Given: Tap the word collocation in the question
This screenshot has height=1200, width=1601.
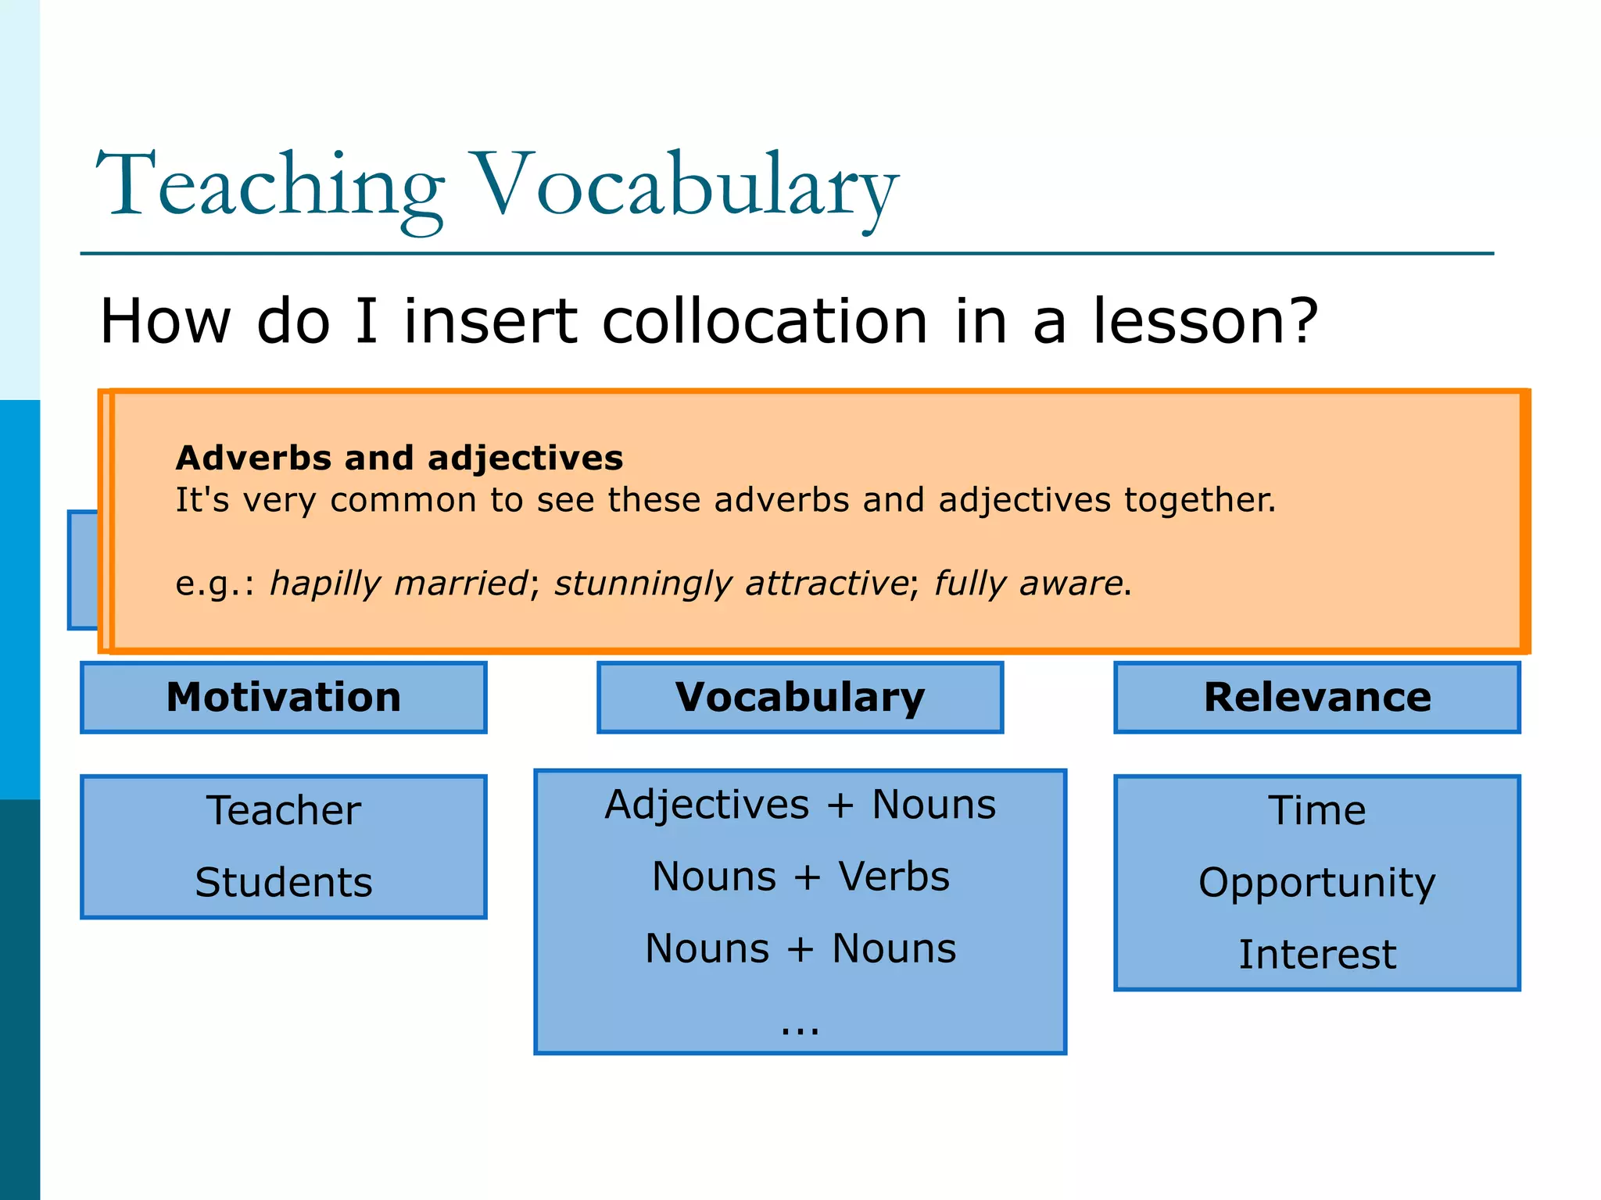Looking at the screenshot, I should [765, 321].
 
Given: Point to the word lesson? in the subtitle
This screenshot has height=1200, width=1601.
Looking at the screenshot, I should [1205, 321].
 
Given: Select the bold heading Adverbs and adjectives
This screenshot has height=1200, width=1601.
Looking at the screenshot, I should [399, 458].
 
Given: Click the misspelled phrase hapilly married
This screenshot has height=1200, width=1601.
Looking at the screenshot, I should [399, 584].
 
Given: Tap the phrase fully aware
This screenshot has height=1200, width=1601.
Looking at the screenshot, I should [1029, 584].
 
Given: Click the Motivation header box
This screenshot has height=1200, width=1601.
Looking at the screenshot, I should [284, 697].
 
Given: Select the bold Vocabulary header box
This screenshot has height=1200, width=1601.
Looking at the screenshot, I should [800, 697].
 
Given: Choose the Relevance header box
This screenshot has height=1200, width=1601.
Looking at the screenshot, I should [1317, 697].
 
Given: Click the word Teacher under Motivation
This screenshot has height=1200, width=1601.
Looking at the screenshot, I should [284, 810].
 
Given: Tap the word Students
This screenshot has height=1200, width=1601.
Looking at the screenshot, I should [284, 883].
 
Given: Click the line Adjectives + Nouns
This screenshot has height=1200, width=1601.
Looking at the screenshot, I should [800, 805].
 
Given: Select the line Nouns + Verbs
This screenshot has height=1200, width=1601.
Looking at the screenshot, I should [800, 877].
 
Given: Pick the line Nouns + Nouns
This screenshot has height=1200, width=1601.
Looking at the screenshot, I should [800, 948].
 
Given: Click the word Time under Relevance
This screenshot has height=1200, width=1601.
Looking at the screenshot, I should [1317, 810].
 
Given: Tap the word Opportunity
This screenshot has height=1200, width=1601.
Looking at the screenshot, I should [1317, 883].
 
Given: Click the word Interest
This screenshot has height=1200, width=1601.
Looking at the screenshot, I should [1317, 955].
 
